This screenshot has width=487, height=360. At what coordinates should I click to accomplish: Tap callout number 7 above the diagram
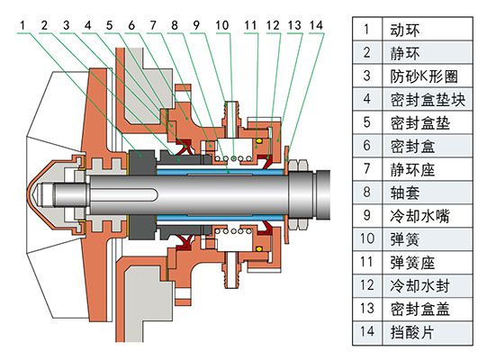153,24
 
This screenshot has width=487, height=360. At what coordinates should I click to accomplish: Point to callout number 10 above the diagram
222,24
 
